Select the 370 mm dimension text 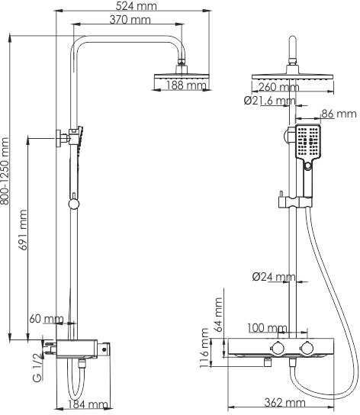pyautogui.click(x=130, y=21)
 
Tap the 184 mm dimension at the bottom pyautogui.click(x=87, y=404)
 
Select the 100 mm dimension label pyautogui.click(x=265, y=328)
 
